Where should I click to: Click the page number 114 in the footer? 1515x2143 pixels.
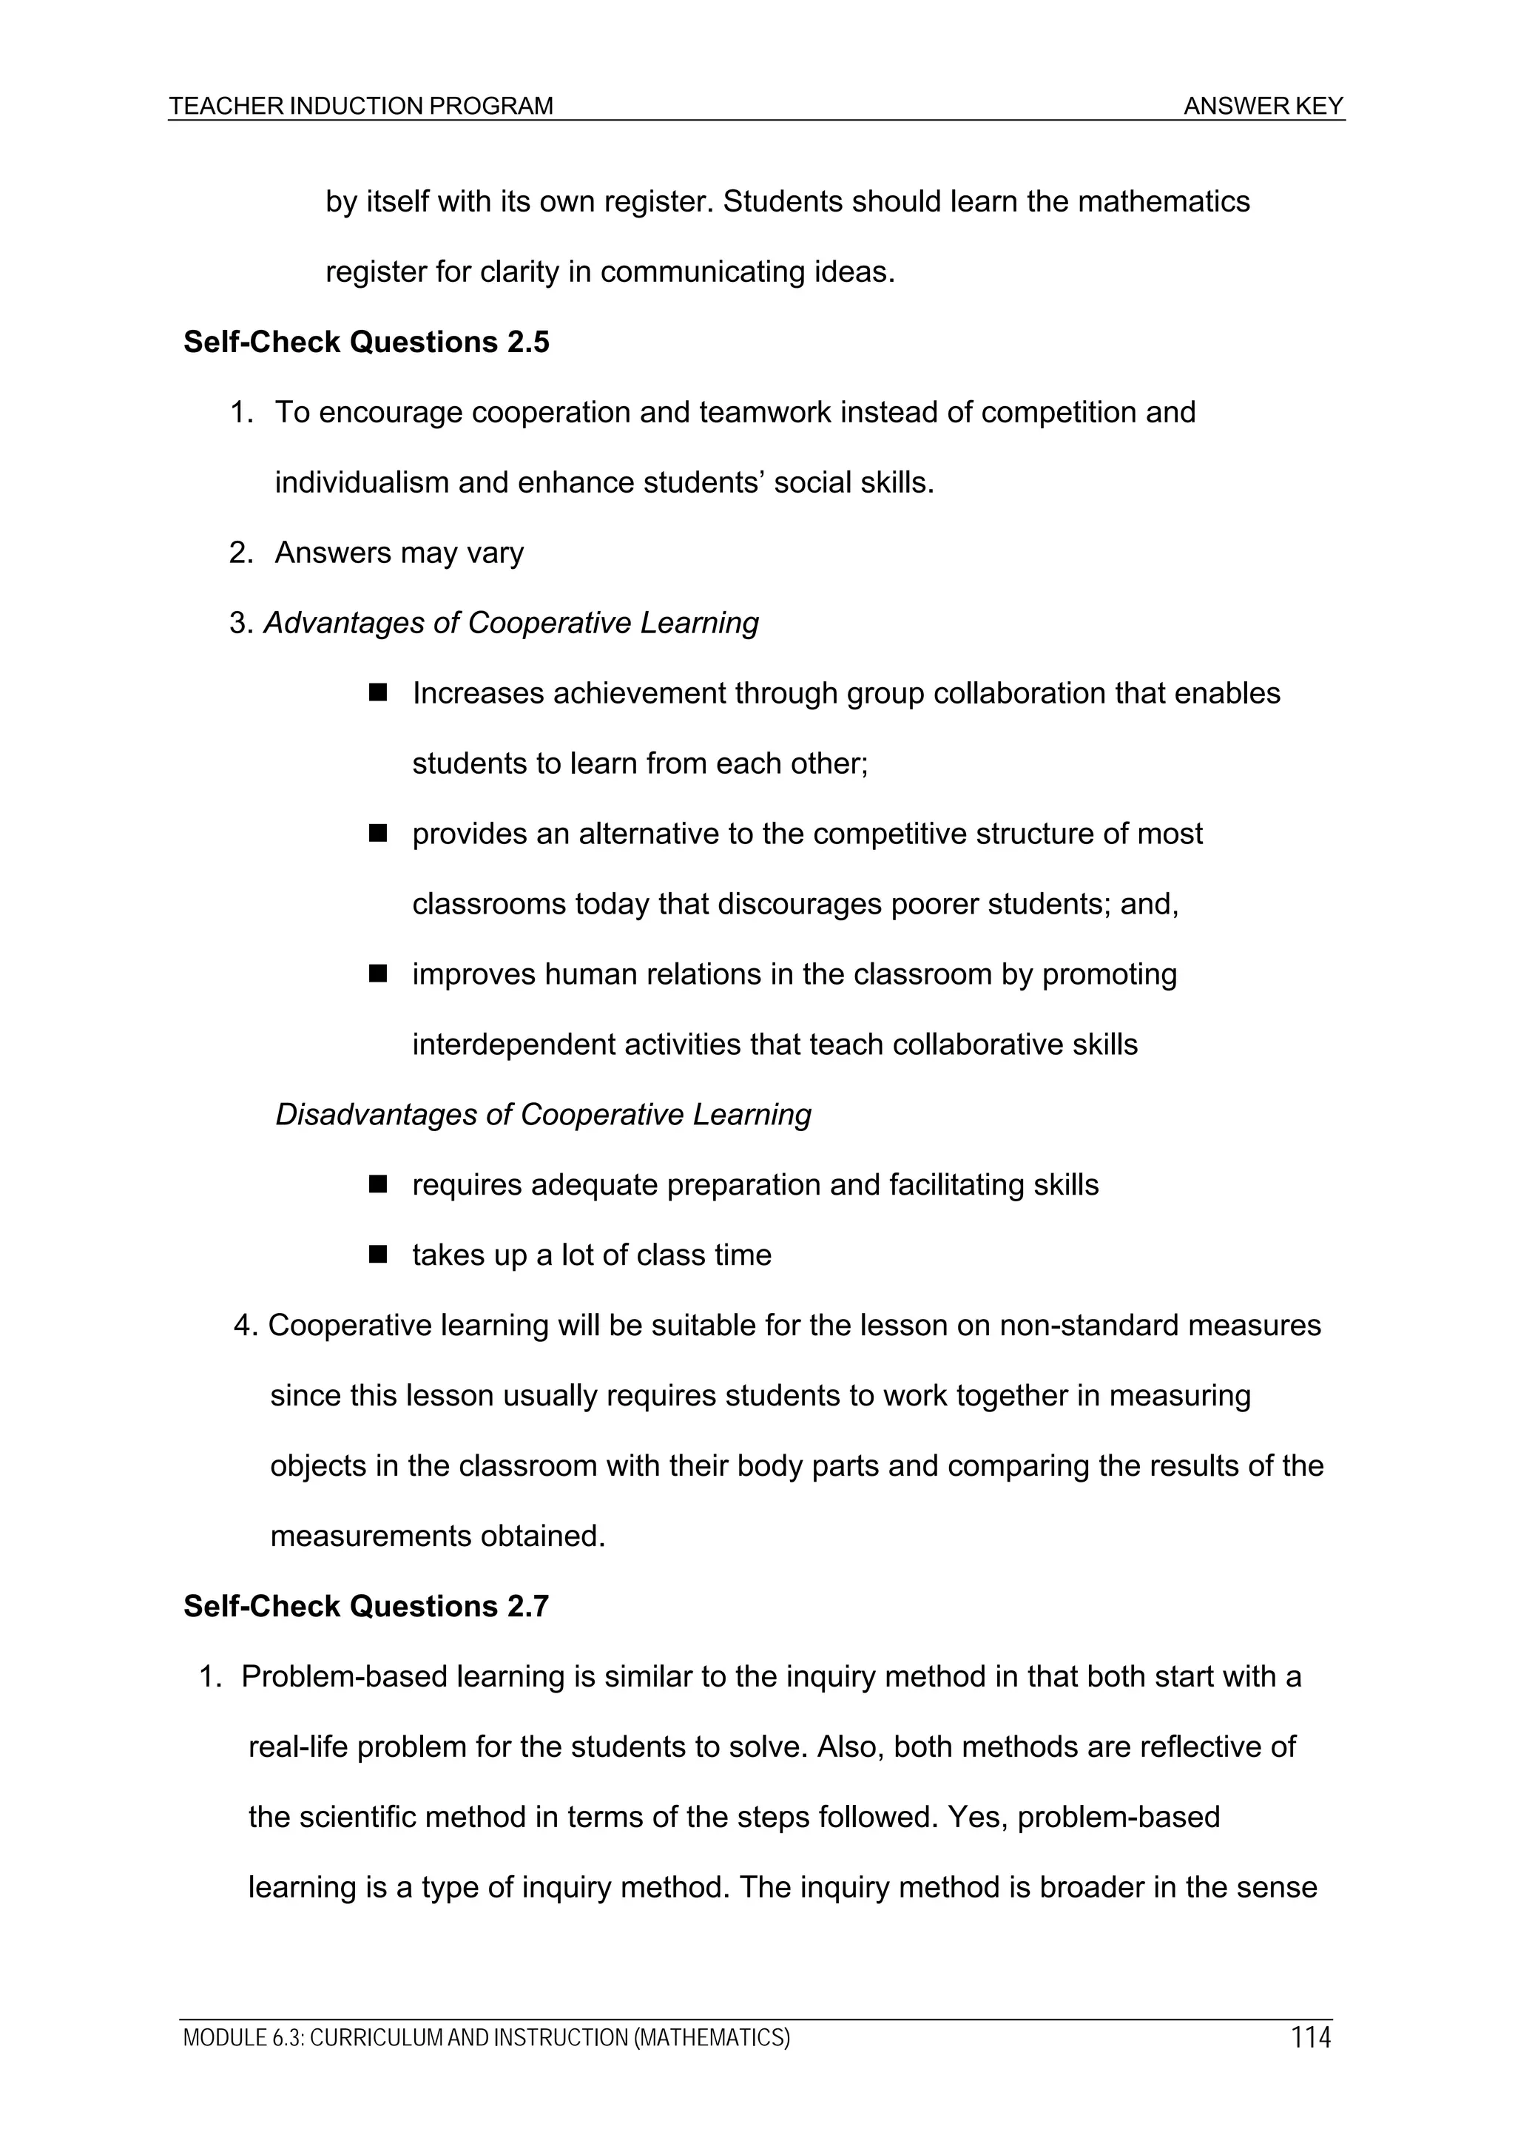tap(1311, 2036)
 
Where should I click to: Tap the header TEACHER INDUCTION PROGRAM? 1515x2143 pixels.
tap(361, 107)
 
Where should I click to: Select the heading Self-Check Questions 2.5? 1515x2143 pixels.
tap(366, 342)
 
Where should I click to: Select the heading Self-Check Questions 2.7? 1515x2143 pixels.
tap(366, 1606)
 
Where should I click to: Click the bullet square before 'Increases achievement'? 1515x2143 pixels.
tap(378, 692)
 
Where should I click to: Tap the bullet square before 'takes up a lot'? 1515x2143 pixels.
tap(378, 1255)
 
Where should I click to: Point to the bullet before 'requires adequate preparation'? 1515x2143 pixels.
tap(378, 1184)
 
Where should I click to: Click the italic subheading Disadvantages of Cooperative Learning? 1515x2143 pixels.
tap(542, 1115)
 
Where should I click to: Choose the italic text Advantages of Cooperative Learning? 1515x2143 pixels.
tap(510, 623)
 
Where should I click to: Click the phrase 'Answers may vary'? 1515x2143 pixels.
tap(399, 553)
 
